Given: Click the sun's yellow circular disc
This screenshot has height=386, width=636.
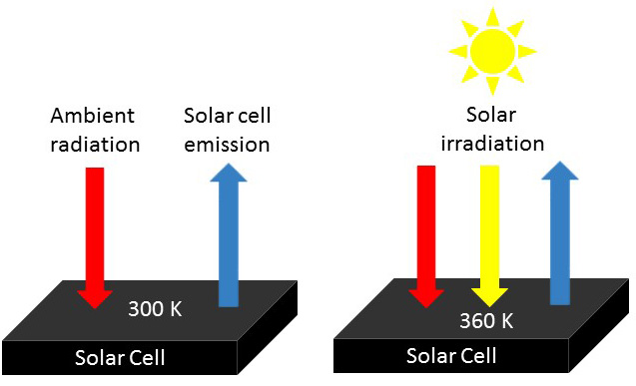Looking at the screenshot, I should (x=491, y=49).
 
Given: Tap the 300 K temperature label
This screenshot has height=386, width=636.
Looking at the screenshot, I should (x=155, y=309).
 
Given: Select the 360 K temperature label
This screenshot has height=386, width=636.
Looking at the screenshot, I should (x=486, y=321).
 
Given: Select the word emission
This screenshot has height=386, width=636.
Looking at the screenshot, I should (x=228, y=145).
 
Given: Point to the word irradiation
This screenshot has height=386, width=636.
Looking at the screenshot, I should (x=492, y=143).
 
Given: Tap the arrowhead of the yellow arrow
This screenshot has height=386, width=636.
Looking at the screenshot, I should (x=489, y=294).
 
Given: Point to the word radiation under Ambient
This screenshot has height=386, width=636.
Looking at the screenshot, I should (x=94, y=145).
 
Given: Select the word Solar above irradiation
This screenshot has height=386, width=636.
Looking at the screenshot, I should (x=492, y=116).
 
